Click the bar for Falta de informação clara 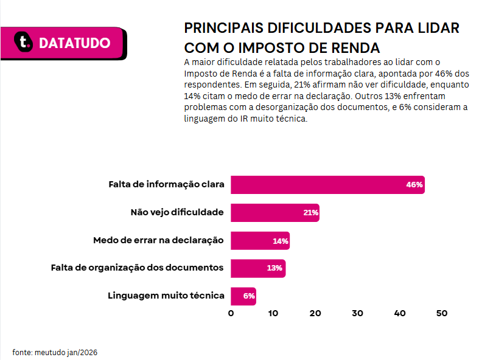click(327, 185)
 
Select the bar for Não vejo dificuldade click(275, 213)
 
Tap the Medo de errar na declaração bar click(260, 241)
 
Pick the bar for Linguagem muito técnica click(243, 296)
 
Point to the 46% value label click(414, 185)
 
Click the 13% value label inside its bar click(274, 268)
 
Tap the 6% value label click(249, 296)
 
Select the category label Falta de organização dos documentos click(137, 268)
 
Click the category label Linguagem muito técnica click(166, 296)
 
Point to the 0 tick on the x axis click(231, 313)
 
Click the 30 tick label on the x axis click(357, 313)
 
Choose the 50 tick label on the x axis click(442, 313)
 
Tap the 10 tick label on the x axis click(273, 313)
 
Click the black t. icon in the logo click(23, 41)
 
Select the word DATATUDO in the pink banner click(75, 43)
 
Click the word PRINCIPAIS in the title click(224, 28)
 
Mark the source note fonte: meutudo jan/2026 click(55, 352)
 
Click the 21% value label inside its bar click(311, 213)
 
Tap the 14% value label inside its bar click(281, 241)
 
